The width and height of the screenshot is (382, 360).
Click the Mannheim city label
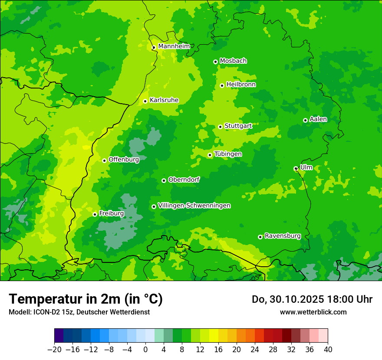point(174,46)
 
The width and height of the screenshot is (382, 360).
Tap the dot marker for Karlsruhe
point(145,101)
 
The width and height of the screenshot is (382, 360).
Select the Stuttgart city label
point(238,126)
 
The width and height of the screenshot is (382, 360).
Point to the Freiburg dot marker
point(95,214)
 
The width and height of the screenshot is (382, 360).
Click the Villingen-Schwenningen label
point(194,206)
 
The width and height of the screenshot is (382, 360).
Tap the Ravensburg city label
point(283,236)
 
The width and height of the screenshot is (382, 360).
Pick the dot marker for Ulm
point(296,169)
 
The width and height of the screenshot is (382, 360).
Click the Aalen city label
point(318,119)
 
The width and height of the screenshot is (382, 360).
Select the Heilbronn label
point(241,85)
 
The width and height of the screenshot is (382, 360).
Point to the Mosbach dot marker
point(215,62)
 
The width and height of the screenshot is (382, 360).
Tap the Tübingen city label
point(228,154)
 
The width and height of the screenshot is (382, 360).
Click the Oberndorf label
point(184,180)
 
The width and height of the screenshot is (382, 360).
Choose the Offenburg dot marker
point(104,160)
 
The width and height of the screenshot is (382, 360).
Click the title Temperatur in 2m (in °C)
point(86,299)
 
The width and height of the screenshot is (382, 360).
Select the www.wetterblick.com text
point(313,312)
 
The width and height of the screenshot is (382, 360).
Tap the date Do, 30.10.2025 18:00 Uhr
point(312,299)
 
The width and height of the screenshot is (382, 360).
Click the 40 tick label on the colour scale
point(328,350)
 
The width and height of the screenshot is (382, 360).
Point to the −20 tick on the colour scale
point(54,350)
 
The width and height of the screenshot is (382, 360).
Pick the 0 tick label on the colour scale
point(145,350)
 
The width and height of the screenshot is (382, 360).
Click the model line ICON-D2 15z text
point(79,312)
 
